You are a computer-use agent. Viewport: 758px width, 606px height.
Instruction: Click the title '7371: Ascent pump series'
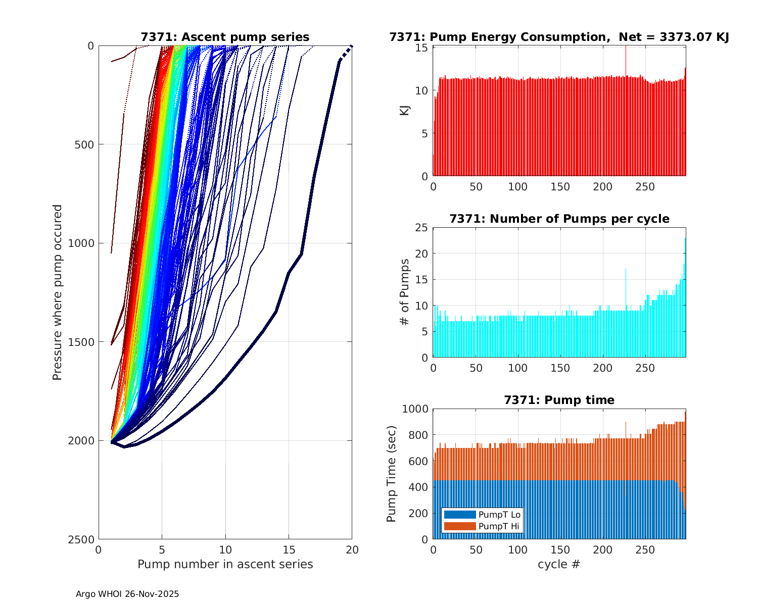pos(225,37)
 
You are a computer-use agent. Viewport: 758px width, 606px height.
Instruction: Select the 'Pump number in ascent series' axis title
pos(225,564)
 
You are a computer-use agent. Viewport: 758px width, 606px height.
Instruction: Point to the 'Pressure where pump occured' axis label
pos(57,292)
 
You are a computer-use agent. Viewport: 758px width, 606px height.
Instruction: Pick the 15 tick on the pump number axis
pos(289,550)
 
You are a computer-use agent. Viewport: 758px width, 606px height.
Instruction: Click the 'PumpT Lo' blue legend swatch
pos(459,515)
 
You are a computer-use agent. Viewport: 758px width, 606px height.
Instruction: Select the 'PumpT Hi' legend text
pos(499,526)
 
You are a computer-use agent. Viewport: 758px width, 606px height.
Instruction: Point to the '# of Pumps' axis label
pos(405,292)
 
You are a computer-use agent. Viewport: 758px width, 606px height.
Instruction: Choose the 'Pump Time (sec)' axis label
pos(391,474)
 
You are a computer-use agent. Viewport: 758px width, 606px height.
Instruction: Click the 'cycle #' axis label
pos(559,564)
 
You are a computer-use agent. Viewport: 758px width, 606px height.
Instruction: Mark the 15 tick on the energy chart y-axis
pos(422,47)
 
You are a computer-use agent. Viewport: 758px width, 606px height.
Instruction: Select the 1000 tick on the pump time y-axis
pos(415,409)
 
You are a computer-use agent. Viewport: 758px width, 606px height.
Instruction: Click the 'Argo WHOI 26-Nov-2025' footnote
pos(127,594)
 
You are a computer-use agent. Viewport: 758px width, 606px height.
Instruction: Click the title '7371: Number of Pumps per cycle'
pos(559,219)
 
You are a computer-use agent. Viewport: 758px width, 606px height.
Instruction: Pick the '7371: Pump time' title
pos(559,400)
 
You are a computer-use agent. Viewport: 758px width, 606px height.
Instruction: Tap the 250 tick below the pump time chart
pos(645,550)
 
